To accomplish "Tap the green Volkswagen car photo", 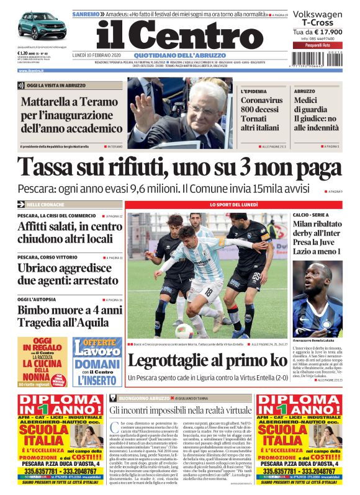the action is coord(41,25).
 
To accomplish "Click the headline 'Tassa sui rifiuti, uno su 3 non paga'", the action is coord(179,167).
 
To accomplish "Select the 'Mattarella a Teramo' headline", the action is coord(71,115).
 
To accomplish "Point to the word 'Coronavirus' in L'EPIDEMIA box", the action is coord(261,100).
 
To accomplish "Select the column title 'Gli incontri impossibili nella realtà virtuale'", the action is coord(180,410).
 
